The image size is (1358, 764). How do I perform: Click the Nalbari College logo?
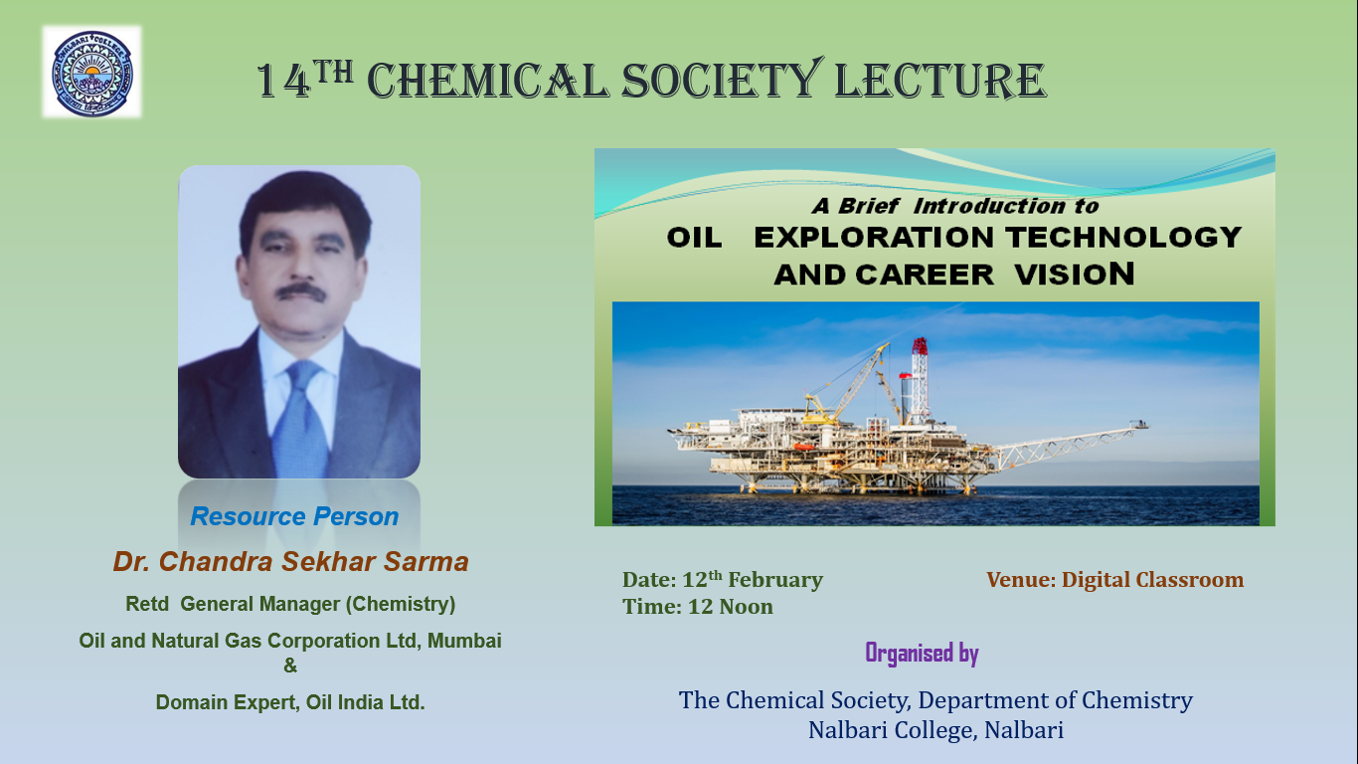92,73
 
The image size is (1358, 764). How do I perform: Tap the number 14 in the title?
283,81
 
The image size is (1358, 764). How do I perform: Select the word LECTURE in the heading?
940,81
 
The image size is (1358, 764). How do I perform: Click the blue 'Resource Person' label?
294,516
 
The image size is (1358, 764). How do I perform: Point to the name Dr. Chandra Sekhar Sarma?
291,561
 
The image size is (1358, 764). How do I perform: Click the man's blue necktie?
300,419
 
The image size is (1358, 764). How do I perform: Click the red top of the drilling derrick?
920,346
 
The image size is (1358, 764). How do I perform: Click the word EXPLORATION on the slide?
876,238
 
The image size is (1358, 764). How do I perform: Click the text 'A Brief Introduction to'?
955,206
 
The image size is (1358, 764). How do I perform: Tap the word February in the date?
775,580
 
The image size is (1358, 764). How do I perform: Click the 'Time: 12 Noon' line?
698,607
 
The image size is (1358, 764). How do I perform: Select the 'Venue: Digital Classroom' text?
1114,580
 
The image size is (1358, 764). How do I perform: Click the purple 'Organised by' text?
922,654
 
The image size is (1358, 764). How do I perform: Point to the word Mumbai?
464,641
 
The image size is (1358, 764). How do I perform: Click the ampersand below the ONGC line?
290,666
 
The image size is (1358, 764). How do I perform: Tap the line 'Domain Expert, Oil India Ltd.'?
290,702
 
